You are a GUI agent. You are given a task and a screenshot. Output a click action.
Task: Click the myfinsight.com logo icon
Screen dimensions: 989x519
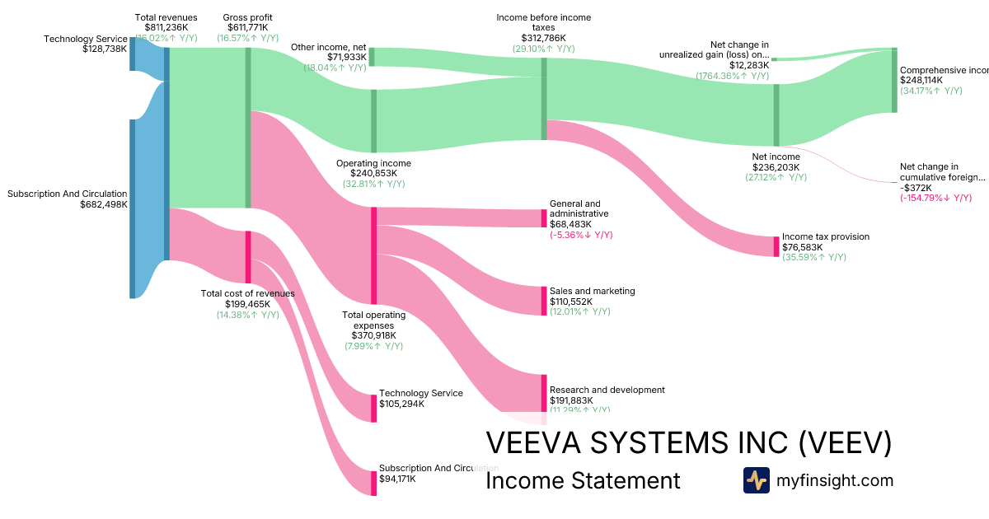point(756,480)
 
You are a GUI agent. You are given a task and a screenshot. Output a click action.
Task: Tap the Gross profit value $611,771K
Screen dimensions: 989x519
point(247,28)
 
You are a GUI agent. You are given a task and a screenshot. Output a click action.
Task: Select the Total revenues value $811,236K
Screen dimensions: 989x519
point(166,28)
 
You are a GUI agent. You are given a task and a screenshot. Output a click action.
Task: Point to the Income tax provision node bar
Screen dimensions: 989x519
point(776,246)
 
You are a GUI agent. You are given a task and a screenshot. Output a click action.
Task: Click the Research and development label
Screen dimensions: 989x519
point(607,390)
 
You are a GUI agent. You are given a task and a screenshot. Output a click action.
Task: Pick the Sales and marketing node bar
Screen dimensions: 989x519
point(544,301)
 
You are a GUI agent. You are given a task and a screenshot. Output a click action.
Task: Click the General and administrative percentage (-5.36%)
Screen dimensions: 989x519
point(581,235)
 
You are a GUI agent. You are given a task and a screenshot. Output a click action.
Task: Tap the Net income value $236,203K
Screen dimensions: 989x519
point(776,167)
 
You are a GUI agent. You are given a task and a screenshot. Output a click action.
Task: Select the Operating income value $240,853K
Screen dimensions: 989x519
point(373,174)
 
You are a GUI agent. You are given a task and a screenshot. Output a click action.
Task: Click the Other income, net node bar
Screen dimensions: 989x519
point(371,56)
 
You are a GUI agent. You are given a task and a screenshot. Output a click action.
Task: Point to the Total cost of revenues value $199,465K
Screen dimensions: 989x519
point(247,304)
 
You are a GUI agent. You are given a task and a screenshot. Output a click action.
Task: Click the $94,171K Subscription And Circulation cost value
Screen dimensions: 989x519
point(397,479)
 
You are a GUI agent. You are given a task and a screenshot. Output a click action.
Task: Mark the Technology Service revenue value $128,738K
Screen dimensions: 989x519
point(105,49)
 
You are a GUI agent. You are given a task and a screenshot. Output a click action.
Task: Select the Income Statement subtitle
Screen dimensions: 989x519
point(583,481)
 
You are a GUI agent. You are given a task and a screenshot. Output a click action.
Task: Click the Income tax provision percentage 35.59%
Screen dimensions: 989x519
point(814,257)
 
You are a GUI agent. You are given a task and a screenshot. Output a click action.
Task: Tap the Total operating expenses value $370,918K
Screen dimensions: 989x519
point(373,335)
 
